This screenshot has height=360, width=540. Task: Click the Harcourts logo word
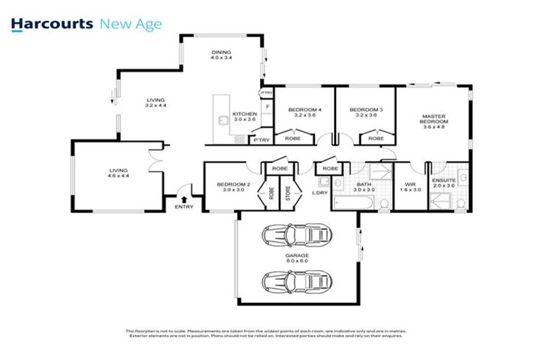tap(52, 25)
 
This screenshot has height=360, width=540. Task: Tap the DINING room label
tap(221, 52)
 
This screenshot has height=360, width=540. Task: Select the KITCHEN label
tap(245, 113)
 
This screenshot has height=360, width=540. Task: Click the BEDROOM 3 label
tap(366, 110)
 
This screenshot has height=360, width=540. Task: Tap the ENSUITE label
tap(444, 180)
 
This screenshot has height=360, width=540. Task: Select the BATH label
tap(364, 184)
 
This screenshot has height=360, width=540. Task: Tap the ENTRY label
tap(184, 206)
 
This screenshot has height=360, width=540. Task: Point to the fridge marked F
tap(267, 106)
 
